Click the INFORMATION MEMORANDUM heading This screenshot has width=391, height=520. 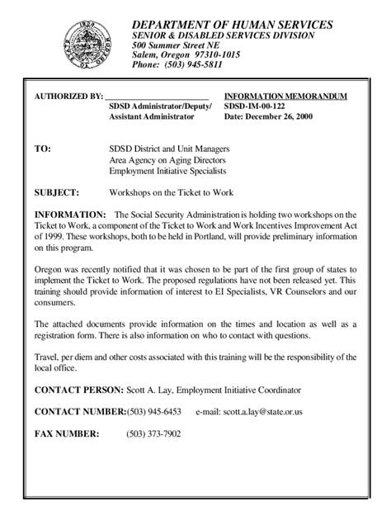tap(285, 96)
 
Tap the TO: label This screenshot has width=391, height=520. tap(42, 149)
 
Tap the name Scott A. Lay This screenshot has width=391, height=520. tap(151, 389)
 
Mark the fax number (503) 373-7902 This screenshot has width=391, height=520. tap(153, 432)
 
